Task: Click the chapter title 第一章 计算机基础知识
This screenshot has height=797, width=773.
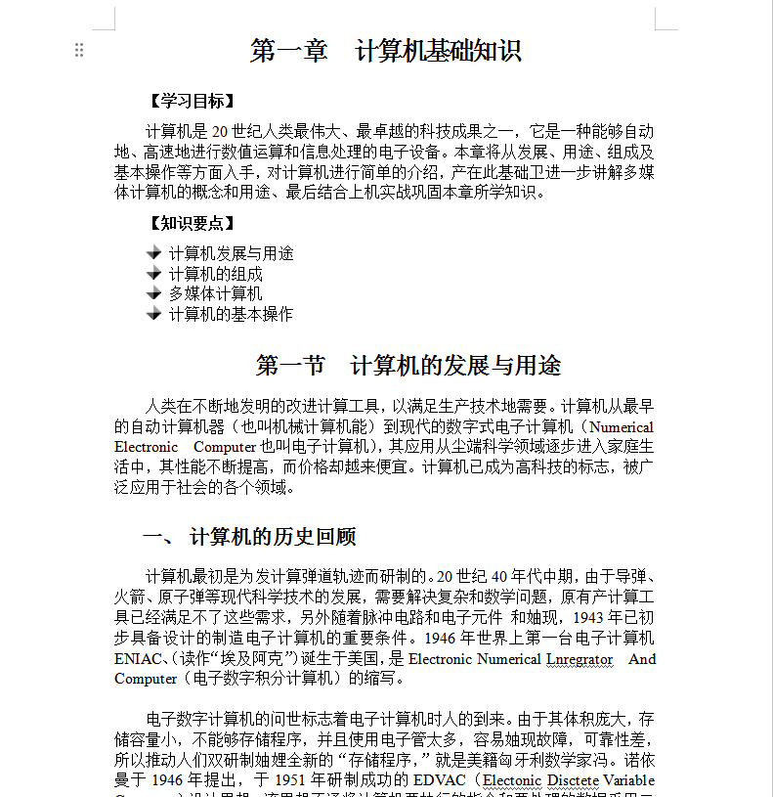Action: pyautogui.click(x=385, y=51)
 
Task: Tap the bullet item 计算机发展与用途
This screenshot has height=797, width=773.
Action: pyautogui.click(x=231, y=253)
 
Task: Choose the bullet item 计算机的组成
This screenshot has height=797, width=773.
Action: pyautogui.click(x=215, y=274)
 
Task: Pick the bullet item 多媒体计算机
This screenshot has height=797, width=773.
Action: pyautogui.click(x=215, y=293)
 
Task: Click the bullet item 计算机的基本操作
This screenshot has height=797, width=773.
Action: pyautogui.click(x=231, y=314)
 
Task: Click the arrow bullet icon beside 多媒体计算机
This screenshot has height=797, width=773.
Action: pyautogui.click(x=153, y=293)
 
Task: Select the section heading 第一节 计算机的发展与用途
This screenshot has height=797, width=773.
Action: pyautogui.click(x=408, y=366)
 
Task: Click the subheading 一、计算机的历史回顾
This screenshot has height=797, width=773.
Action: pyautogui.click(x=249, y=537)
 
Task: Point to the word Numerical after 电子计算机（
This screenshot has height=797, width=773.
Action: pyautogui.click(x=623, y=427)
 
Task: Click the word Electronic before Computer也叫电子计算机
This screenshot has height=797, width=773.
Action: pyautogui.click(x=147, y=447)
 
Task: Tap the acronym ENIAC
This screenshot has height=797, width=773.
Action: pyautogui.click(x=135, y=659)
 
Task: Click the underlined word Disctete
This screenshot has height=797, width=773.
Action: pyautogui.click(x=573, y=780)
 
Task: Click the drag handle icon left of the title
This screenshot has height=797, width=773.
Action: pyautogui.click(x=79, y=51)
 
